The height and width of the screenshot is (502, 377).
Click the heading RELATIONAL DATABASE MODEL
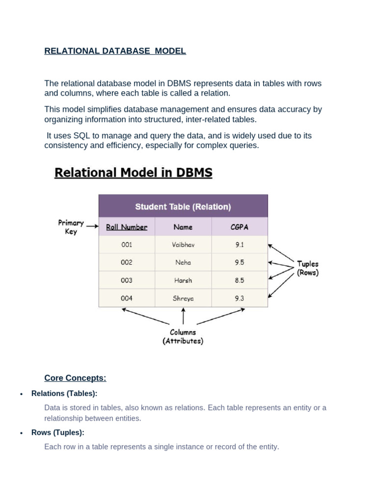[115, 51]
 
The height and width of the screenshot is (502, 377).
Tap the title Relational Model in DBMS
[133, 173]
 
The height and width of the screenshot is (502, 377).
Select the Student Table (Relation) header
[183, 207]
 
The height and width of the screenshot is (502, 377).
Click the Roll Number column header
[127, 227]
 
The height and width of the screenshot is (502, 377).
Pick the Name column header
[183, 227]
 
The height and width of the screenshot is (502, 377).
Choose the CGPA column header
[240, 227]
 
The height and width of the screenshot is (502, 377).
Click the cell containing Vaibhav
[183, 245]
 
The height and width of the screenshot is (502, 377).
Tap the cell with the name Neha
[183, 262]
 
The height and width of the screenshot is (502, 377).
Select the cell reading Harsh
[183, 280]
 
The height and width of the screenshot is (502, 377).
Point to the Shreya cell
[183, 298]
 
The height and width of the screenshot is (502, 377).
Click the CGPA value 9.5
[240, 262]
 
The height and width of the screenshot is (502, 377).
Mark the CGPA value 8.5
[240, 280]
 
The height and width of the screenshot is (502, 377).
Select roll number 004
[127, 298]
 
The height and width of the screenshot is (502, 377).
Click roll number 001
[127, 245]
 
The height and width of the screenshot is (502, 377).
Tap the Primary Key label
[71, 227]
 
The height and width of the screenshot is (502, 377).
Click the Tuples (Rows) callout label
[307, 268]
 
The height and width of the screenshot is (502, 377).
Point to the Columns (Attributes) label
[183, 336]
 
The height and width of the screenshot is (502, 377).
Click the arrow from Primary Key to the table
[92, 227]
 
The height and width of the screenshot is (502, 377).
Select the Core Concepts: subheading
[75, 378]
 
